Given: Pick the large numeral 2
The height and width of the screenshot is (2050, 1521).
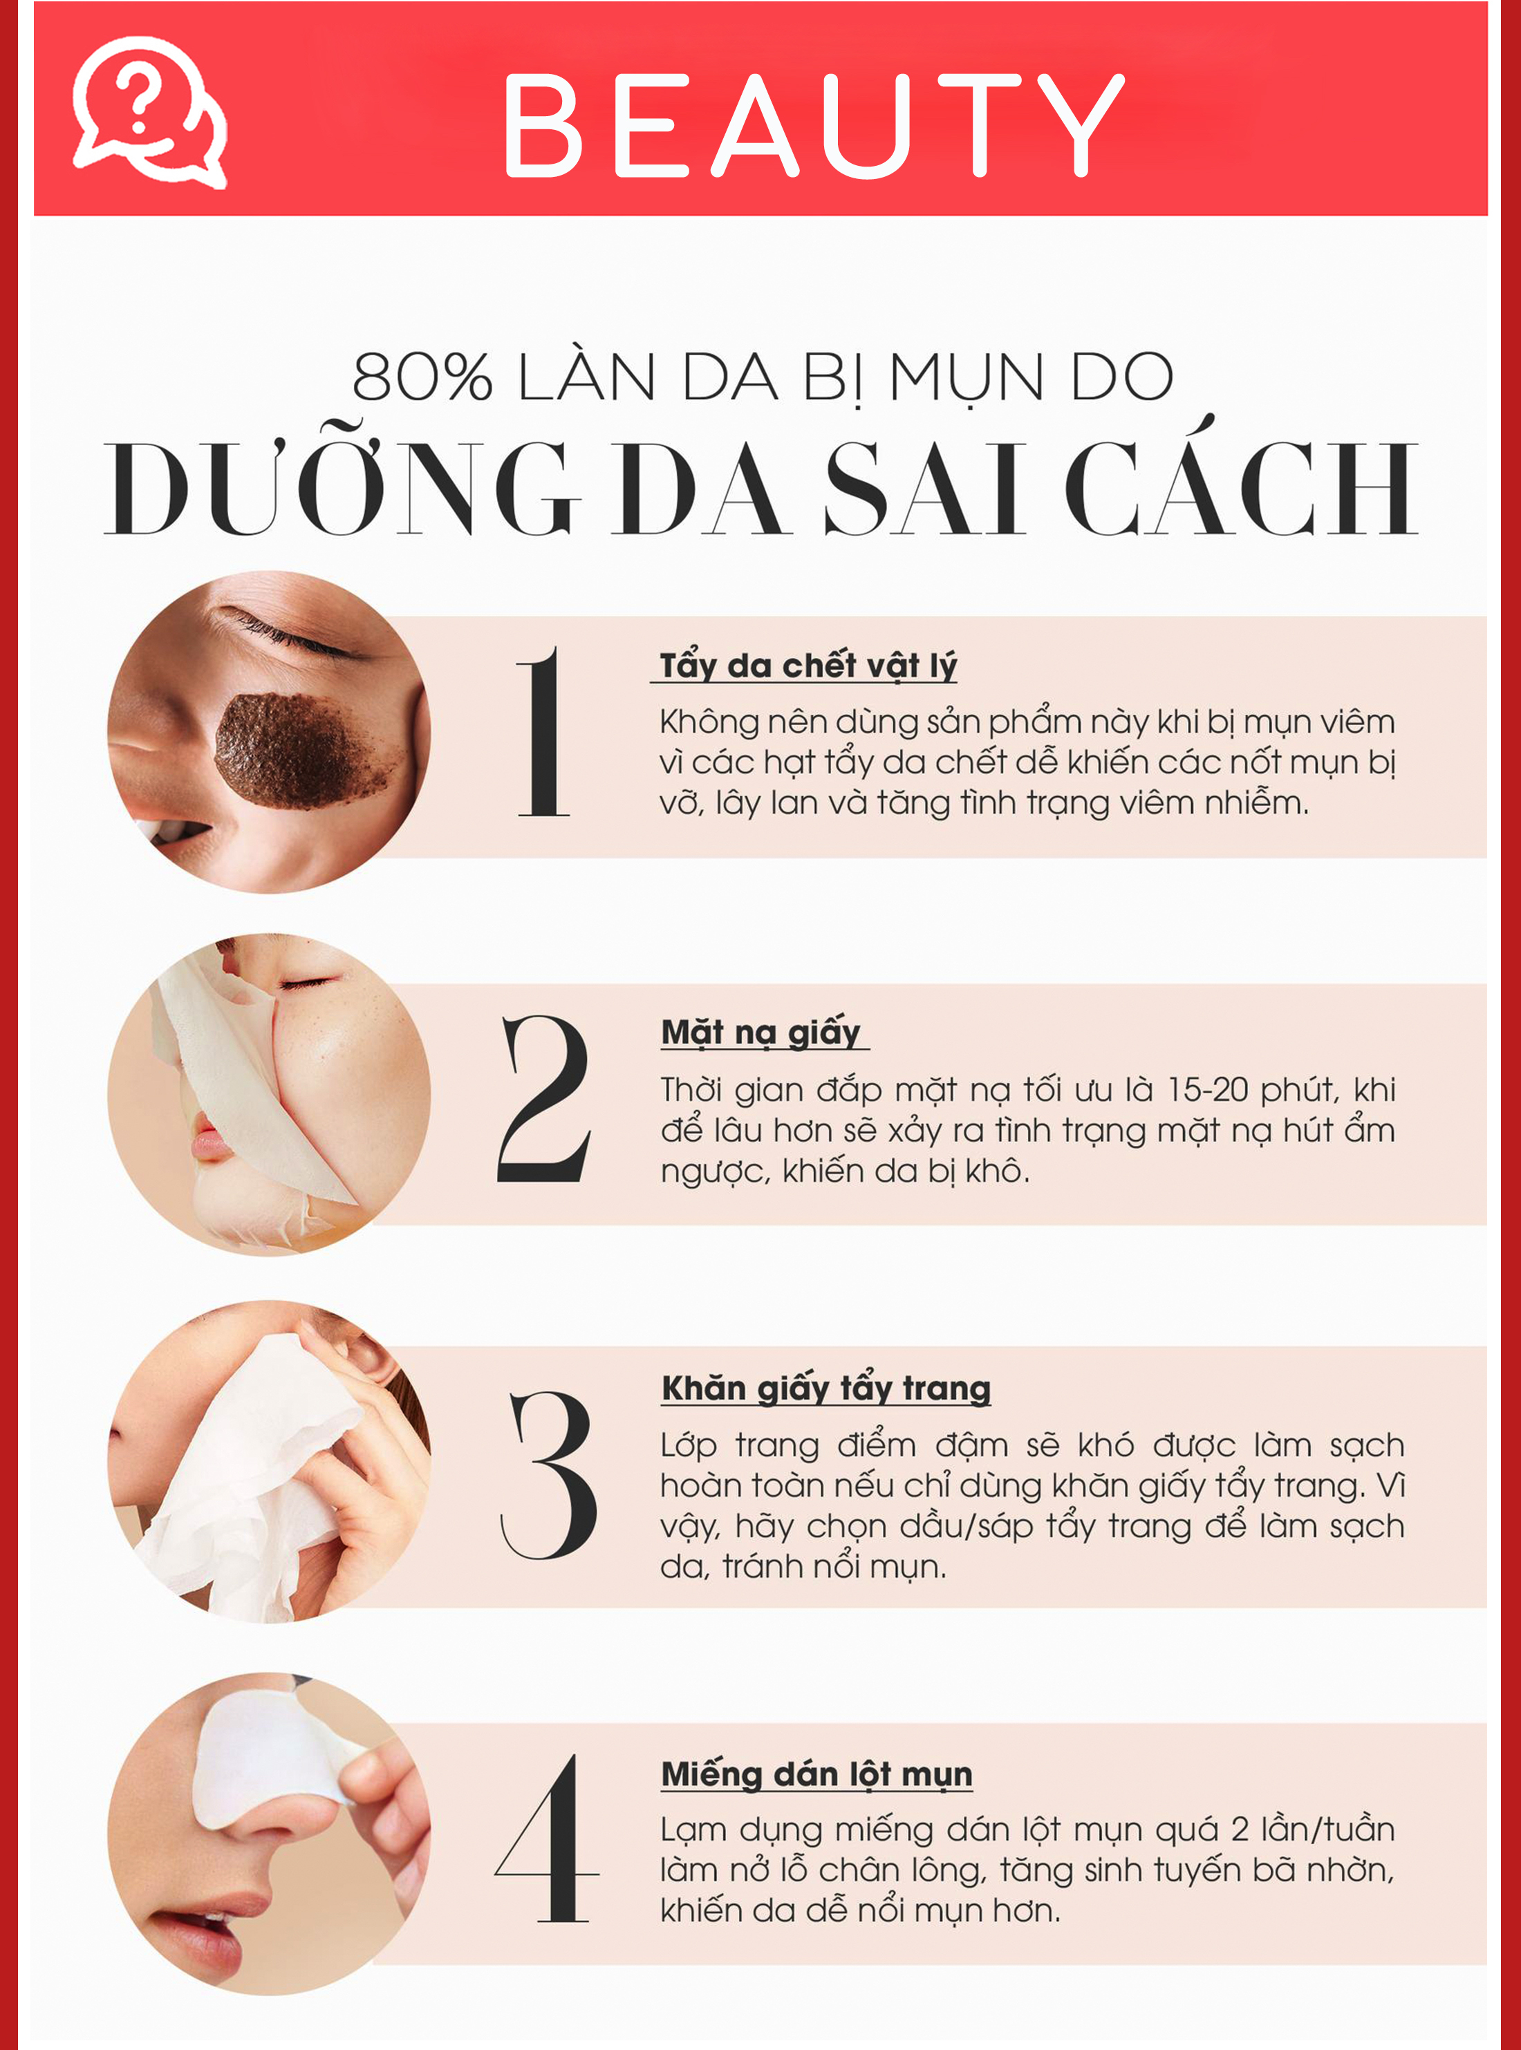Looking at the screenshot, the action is pyautogui.click(x=544, y=1098).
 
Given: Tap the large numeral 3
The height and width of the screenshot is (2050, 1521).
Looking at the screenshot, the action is pyautogui.click(x=549, y=1475).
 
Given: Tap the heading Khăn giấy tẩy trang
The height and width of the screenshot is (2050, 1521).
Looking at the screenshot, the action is pyautogui.click(x=826, y=1388).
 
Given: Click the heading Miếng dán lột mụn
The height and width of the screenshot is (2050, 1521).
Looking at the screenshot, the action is pyautogui.click(x=817, y=1774).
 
